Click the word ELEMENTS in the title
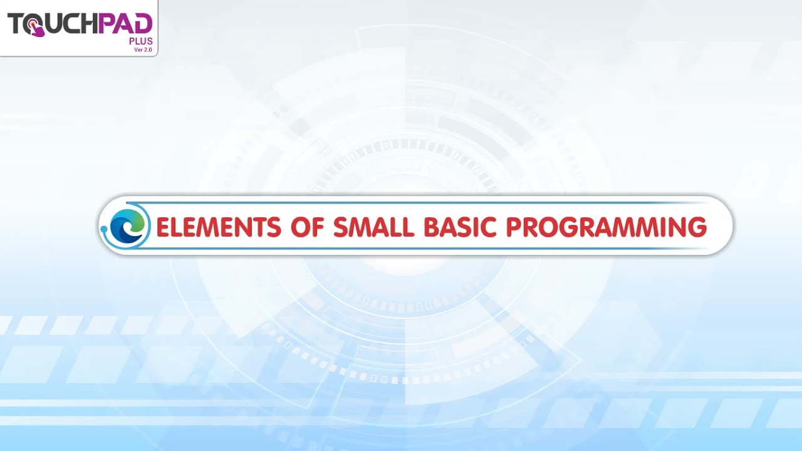[219, 227]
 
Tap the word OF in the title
[307, 227]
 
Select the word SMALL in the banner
[374, 227]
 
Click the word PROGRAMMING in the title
[607, 227]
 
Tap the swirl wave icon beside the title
[130, 226]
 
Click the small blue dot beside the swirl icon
[104, 229]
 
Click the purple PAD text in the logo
[125, 24]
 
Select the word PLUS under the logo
[140, 41]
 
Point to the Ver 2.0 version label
[143, 49]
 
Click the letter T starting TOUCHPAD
[15, 24]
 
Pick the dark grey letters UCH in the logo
[71, 24]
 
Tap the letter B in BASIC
[433, 227]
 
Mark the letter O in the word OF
[299, 227]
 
